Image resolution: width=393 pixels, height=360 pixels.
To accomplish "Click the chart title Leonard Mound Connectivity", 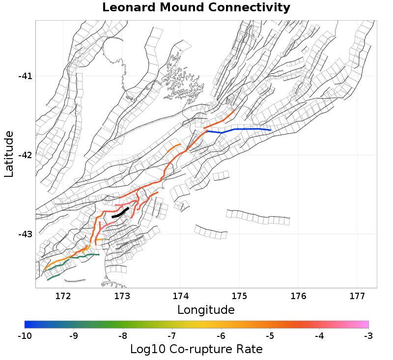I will coord(196,8).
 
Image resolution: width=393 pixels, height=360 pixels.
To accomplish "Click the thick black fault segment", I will coord(120,213).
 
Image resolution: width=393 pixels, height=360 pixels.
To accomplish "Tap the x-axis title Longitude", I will coord(206,310).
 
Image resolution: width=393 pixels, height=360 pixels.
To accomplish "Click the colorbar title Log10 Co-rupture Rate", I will coord(196,349).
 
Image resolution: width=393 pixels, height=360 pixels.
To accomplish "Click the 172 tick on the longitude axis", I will coord(63,296).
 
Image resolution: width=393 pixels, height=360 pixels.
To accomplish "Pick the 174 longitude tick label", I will coord(180,296).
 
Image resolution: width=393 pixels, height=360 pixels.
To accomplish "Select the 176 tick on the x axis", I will coord(298,296).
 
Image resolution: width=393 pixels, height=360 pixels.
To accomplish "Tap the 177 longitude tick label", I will coord(357,296).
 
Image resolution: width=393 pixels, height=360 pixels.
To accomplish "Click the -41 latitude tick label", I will coord(25,76).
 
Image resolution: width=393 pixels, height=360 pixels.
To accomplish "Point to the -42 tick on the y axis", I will coord(25,155).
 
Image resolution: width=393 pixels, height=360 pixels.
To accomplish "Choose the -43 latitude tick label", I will coord(25,234).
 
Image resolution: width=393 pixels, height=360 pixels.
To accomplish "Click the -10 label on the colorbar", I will coord(25,336).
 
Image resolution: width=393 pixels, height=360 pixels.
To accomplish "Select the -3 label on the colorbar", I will coord(368,336).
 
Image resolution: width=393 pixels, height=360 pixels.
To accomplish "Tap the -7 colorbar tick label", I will coord(172,336).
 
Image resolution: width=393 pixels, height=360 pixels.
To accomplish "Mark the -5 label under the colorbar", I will coord(270,336).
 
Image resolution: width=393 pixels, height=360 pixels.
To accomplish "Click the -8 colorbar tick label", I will coord(123,336).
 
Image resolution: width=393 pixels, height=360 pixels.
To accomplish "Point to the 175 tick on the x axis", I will coord(239,296).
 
